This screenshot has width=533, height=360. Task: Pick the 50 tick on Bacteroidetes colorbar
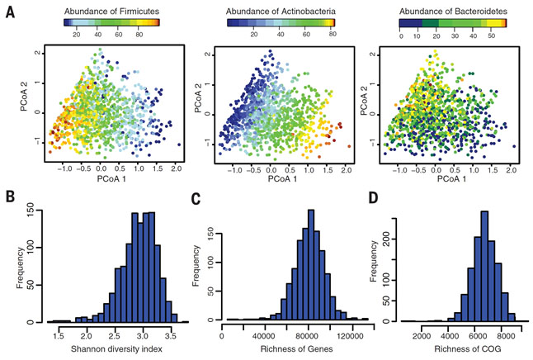pos(488,36)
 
